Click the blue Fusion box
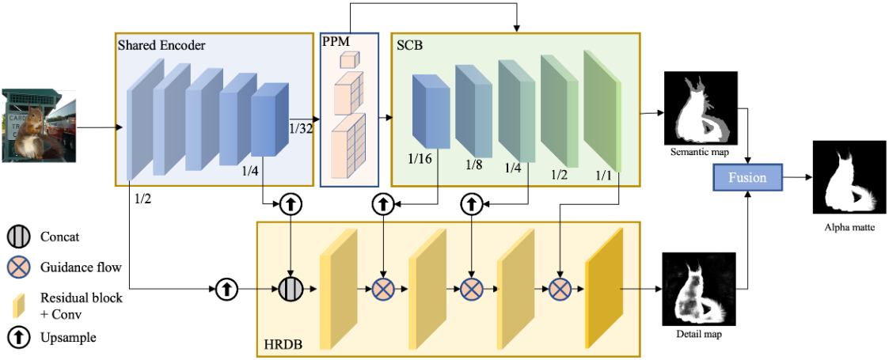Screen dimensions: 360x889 point(747,177)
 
